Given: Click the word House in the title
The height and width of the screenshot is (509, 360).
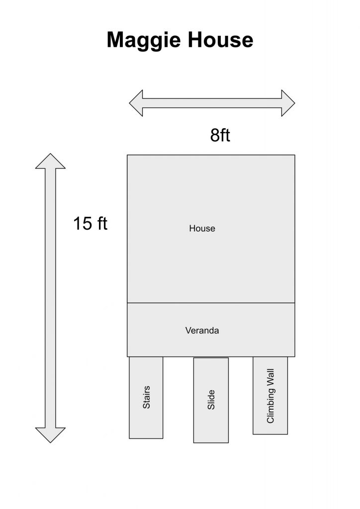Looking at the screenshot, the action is (220, 40).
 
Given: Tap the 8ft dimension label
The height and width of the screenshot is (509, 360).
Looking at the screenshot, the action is (220, 135).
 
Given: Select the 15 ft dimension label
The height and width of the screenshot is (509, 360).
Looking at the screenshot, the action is (90, 223).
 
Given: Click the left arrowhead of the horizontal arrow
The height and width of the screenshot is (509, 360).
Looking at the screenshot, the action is (136, 103).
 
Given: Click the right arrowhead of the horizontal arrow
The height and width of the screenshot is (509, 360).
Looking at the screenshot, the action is (288, 103).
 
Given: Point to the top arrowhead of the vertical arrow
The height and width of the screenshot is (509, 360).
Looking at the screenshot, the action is (50, 161).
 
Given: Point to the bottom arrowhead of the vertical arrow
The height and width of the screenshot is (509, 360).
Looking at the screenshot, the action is (50, 435).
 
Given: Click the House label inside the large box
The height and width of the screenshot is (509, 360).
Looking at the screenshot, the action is (202, 229).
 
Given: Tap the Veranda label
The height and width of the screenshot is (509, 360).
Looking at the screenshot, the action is (202, 331).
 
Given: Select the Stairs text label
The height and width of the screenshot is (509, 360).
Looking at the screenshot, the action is (146, 397).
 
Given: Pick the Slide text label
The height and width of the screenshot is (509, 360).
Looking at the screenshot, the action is (211, 400).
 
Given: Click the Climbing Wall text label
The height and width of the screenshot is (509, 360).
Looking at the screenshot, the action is (270, 396).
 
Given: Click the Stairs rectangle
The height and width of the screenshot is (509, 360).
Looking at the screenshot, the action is (146, 398).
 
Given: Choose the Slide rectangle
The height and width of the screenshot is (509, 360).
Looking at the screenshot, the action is (211, 400).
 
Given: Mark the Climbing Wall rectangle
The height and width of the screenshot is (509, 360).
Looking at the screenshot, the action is (270, 395).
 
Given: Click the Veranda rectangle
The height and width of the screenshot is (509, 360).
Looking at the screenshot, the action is (211, 330).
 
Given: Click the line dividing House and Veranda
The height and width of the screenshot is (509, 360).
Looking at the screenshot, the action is (211, 303).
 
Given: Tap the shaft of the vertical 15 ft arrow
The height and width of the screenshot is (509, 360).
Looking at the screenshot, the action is (50, 298).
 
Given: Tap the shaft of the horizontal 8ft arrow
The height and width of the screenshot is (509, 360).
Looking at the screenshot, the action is (212, 103).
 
